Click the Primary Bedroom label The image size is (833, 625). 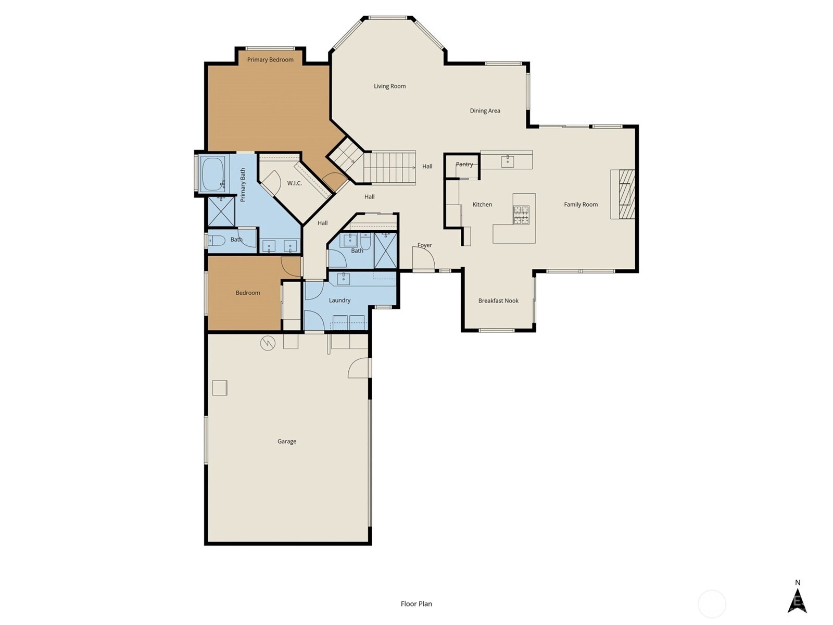[x=270, y=59]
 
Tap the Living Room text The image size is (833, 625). [x=390, y=86]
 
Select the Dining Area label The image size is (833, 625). [x=485, y=111]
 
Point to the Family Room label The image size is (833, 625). [x=580, y=205]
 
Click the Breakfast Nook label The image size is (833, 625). [x=498, y=301]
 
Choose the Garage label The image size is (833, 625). [x=286, y=441]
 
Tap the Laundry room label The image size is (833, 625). [x=339, y=300]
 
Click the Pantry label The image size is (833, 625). [x=464, y=164]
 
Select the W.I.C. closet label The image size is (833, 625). [x=295, y=183]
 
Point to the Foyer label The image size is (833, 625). [x=425, y=245]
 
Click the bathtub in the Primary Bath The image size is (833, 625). [x=212, y=174]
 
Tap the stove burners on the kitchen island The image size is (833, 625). [x=521, y=215]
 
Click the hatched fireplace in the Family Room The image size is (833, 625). [x=626, y=194]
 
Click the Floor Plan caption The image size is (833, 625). [x=416, y=604]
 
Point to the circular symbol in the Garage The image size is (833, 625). [x=268, y=343]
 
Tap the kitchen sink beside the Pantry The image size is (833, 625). [x=508, y=161]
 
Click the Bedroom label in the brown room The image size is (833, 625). [x=248, y=293]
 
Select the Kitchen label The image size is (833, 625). [x=482, y=205]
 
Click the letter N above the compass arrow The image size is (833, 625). [x=797, y=582]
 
